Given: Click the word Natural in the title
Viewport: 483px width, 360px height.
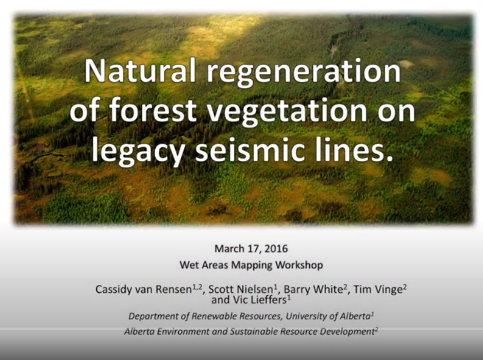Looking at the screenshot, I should (140, 72).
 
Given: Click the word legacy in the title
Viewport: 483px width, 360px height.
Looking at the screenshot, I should (135, 151).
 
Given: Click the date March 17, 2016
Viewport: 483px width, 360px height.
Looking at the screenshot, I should (251, 248).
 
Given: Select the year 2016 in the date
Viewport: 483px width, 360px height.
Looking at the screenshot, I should (275, 248).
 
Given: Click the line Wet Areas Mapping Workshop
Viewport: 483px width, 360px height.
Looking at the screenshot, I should (251, 264).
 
